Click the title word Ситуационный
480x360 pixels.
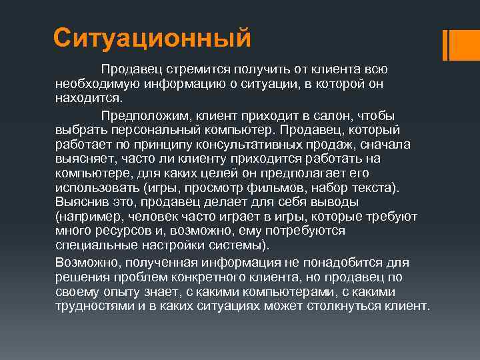coord(152,38)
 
